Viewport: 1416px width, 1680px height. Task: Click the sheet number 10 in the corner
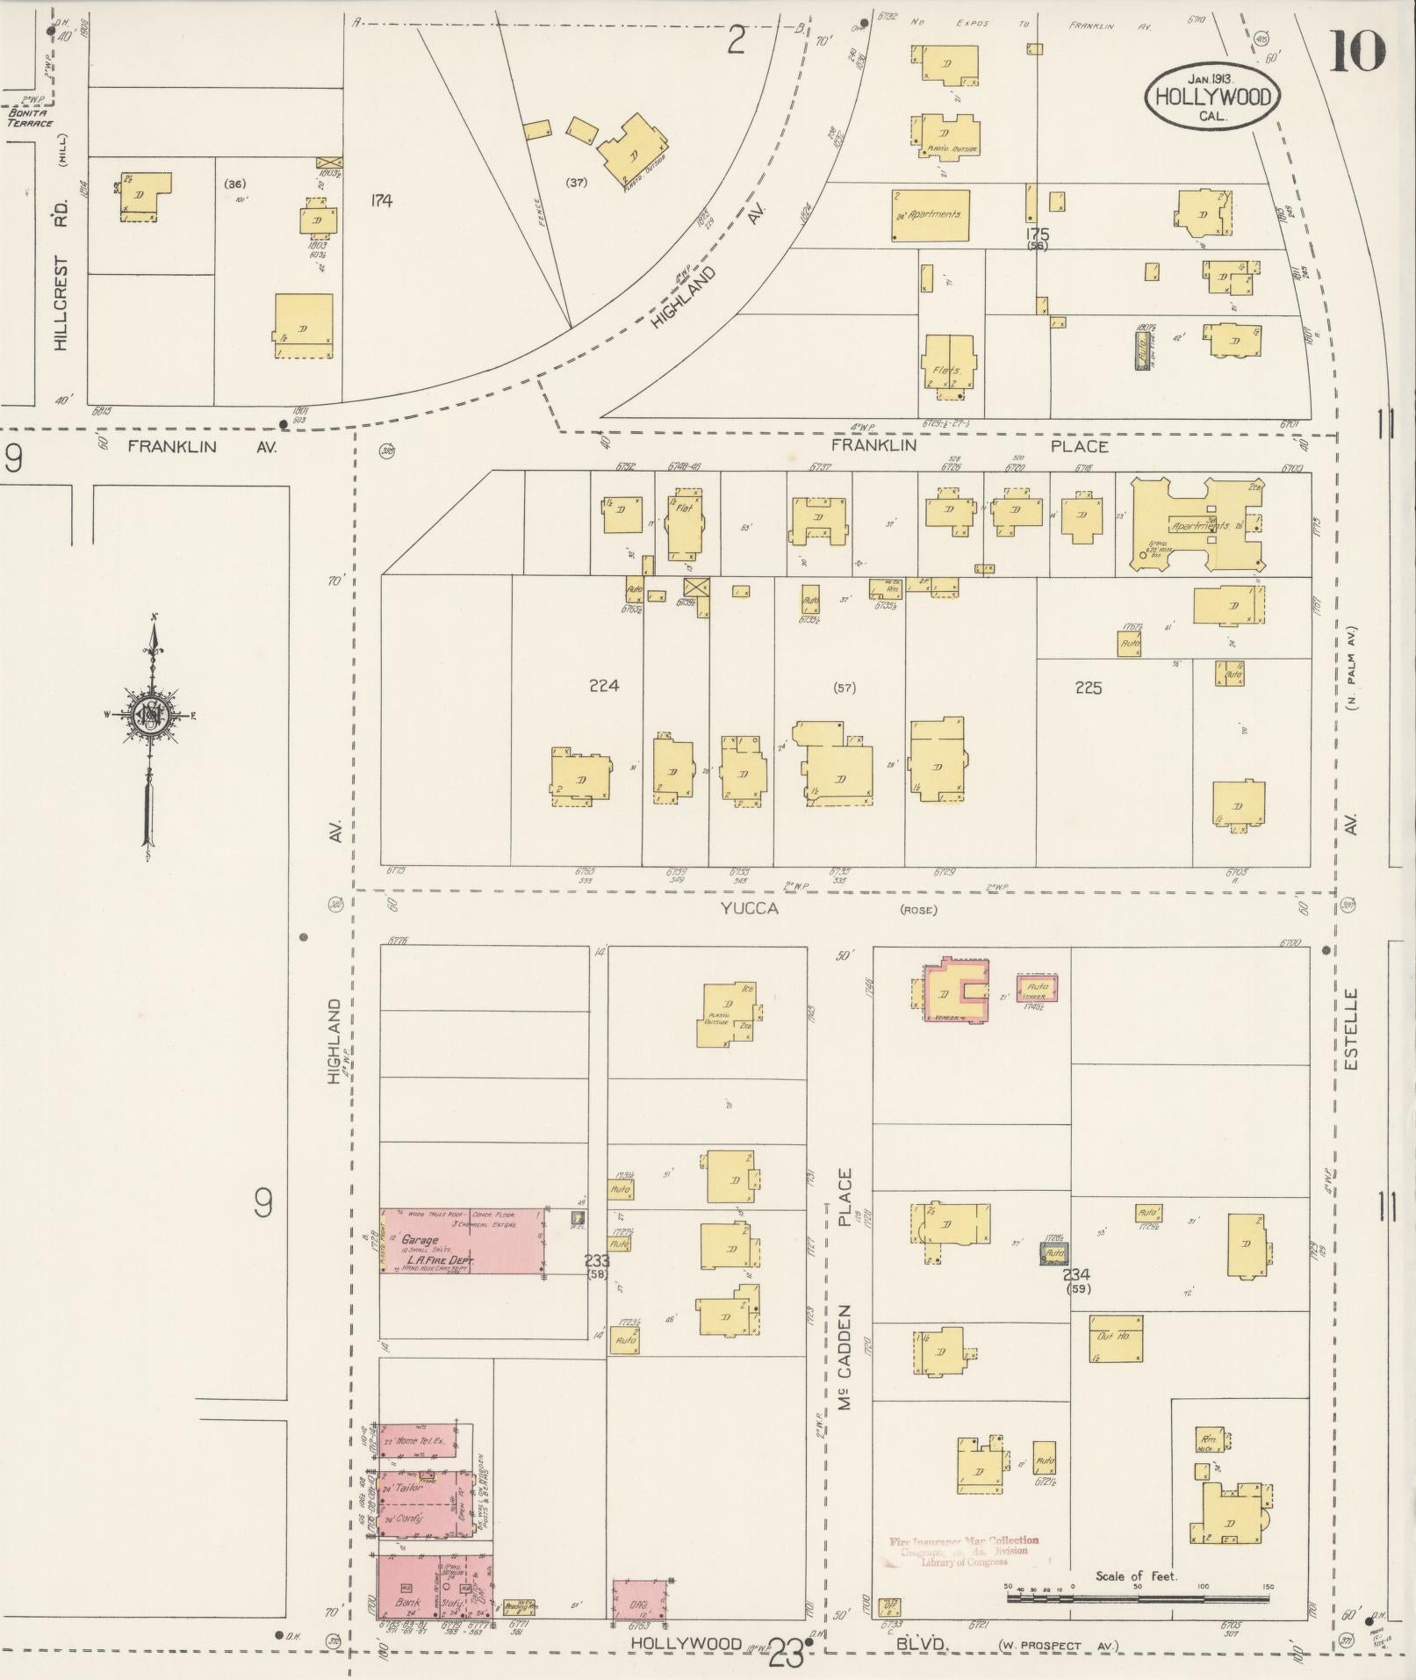point(1358,50)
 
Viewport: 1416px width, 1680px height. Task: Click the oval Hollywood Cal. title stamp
point(1211,97)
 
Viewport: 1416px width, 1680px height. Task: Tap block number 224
point(604,686)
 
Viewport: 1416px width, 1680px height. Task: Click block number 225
point(1088,688)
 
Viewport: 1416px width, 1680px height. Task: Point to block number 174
point(380,201)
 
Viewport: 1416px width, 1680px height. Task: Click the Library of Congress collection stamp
point(964,1551)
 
